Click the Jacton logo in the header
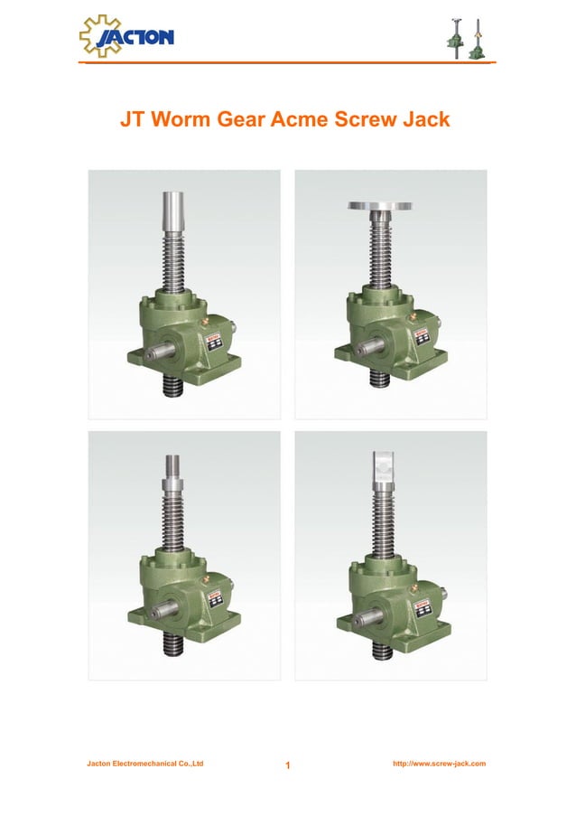pyautogui.click(x=126, y=36)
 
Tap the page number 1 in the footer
pyautogui.click(x=287, y=767)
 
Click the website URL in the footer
pyautogui.click(x=440, y=764)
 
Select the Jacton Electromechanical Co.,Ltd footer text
pyautogui.click(x=144, y=764)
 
